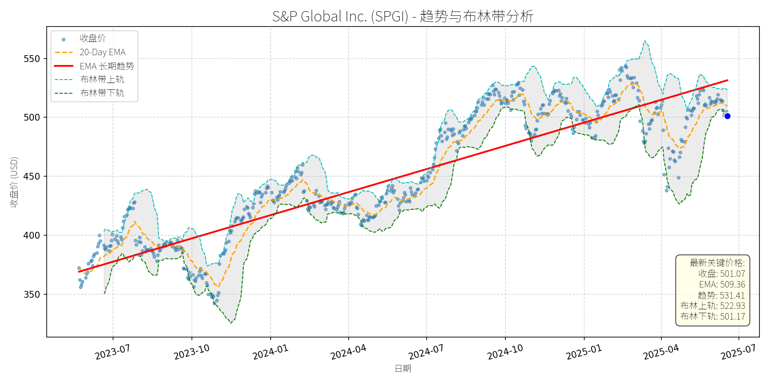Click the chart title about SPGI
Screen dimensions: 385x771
pos(403,16)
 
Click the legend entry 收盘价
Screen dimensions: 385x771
pos(93,38)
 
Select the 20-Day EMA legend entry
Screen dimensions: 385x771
pos(102,52)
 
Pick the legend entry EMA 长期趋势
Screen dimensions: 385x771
pos(107,66)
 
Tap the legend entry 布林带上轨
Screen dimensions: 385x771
pos(102,80)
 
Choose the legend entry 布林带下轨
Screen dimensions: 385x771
pos(102,93)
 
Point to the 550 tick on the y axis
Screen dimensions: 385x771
pos(32,59)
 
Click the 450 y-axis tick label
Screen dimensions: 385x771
pos(32,176)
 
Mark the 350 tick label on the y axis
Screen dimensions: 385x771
pos(32,294)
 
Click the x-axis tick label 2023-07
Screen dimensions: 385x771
pos(113,352)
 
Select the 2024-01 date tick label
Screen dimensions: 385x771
pos(270,352)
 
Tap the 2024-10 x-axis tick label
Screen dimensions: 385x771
pos(505,352)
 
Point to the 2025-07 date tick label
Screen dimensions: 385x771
pos(738,352)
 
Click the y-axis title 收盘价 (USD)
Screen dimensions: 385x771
pos(14,182)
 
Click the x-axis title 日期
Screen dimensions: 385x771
pos(403,369)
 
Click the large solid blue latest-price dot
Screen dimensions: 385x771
pos(727,116)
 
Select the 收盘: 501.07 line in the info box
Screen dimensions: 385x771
pos(722,274)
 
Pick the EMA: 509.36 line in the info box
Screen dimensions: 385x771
pos(722,284)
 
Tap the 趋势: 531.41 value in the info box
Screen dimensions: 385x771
pos(721,295)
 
